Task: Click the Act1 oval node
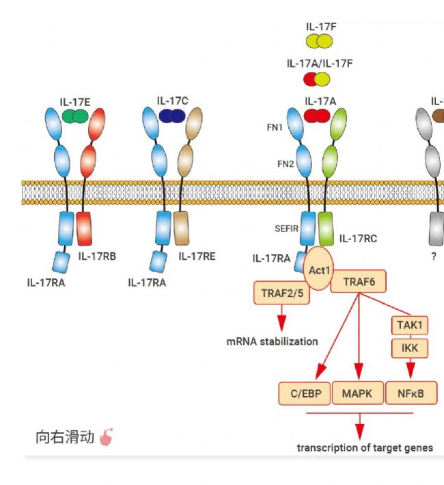click(x=319, y=270)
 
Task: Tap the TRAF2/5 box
click(x=280, y=293)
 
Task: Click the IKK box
click(x=408, y=349)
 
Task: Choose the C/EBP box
click(x=305, y=393)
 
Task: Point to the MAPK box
click(x=357, y=393)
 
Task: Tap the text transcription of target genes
click(x=365, y=447)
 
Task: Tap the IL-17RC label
click(x=358, y=239)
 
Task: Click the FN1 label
click(x=275, y=127)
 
